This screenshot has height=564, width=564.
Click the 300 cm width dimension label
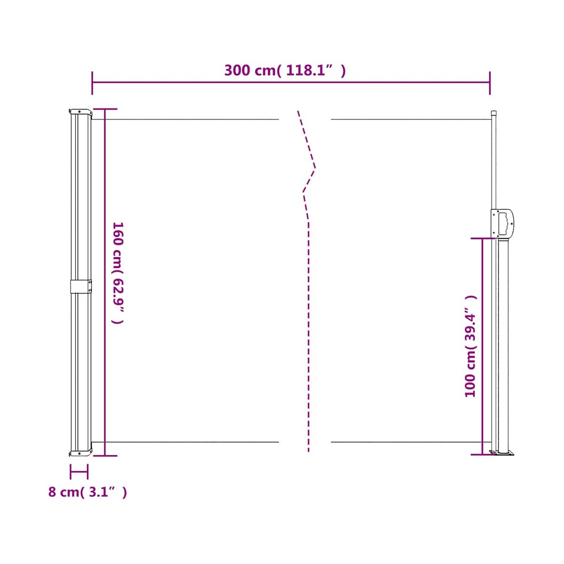tap(285, 70)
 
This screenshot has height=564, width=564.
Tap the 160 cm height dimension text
tap(118, 273)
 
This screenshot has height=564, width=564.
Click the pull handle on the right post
tap(503, 223)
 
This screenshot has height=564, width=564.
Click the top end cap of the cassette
tap(81, 113)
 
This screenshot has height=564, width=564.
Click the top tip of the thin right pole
tap(493, 111)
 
